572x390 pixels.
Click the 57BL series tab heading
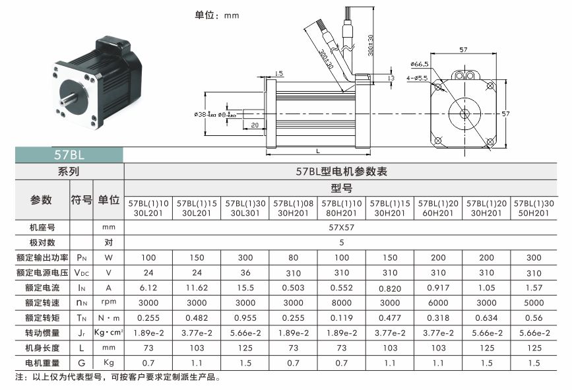[69, 154]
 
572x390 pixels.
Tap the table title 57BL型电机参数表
[342, 172]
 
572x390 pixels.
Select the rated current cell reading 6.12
[148, 288]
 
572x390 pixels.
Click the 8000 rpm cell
[342, 303]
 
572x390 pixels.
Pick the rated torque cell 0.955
[245, 318]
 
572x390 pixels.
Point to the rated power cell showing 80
[294, 257]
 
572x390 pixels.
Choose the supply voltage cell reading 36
[245, 273]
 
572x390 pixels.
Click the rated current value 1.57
[534, 288]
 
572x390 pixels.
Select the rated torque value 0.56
[534, 318]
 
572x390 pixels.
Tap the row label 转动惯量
[42, 333]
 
